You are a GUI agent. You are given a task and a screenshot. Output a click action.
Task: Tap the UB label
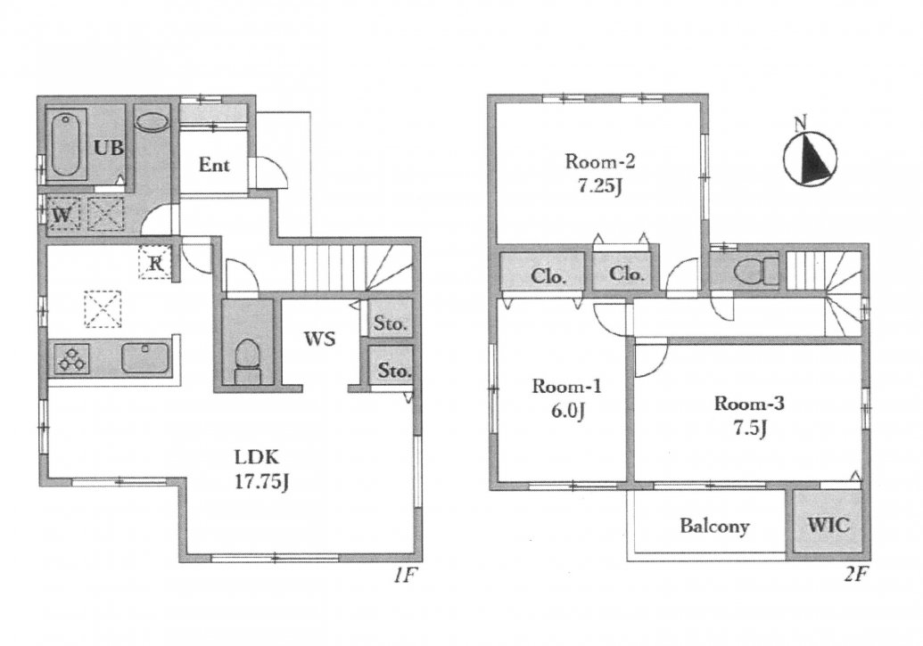110,147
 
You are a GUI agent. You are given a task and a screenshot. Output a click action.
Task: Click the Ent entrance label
214,165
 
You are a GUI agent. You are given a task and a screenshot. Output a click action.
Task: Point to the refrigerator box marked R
155,262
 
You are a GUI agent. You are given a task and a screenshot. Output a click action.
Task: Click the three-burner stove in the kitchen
72,359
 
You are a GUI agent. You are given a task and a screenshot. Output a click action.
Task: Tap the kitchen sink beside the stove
145,358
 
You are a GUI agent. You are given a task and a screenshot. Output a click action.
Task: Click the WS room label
319,339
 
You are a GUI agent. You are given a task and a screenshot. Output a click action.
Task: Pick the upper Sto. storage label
391,323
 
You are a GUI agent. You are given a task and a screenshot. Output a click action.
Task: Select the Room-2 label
600,161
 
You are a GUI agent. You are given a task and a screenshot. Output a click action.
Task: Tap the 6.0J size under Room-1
567,411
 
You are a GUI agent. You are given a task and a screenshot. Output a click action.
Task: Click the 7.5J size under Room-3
750,428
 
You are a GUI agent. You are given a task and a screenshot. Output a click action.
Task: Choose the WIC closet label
828,524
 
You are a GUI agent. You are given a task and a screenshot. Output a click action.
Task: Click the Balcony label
714,526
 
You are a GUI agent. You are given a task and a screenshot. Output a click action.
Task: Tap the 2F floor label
856,575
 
